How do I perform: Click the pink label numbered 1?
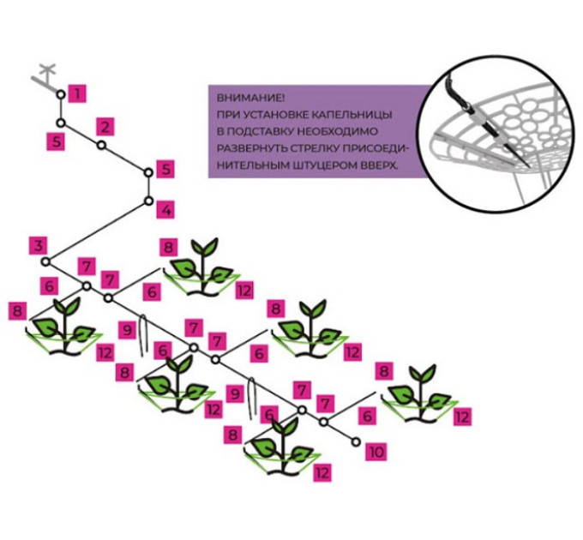click(77, 92)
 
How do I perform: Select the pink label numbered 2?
click(105, 127)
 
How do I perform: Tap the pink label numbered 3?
click(37, 245)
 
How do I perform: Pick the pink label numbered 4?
click(165, 209)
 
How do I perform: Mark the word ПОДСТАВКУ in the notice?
click(275, 129)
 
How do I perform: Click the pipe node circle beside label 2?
click(101, 146)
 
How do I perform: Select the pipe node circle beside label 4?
click(148, 202)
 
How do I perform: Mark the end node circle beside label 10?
click(356, 442)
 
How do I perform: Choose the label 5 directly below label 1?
click(57, 141)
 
